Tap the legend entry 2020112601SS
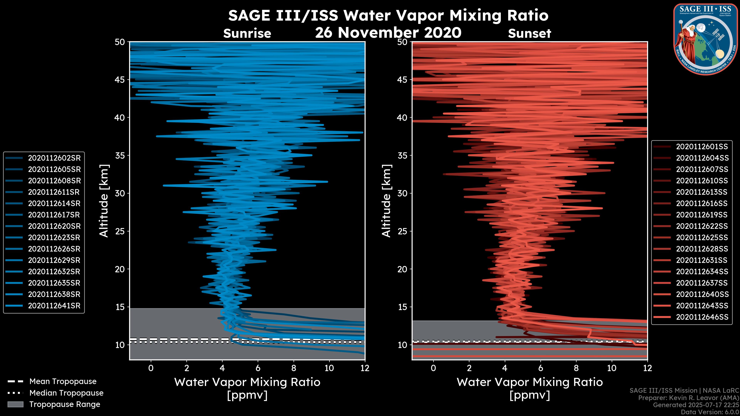pyautogui.click(x=702, y=147)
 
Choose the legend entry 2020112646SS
pyautogui.click(x=702, y=317)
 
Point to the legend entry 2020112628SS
pyautogui.click(x=702, y=249)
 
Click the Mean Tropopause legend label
pyautogui.click(x=63, y=382)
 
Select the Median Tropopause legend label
pyautogui.click(x=66, y=393)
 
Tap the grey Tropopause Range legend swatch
pyautogui.click(x=15, y=404)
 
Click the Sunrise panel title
pyautogui.click(x=247, y=34)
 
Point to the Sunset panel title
pyautogui.click(x=529, y=34)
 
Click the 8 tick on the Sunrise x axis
pyautogui.click(x=293, y=368)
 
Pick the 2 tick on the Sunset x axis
pyautogui.click(x=469, y=368)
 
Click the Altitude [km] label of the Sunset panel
pyautogui.click(x=386, y=201)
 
